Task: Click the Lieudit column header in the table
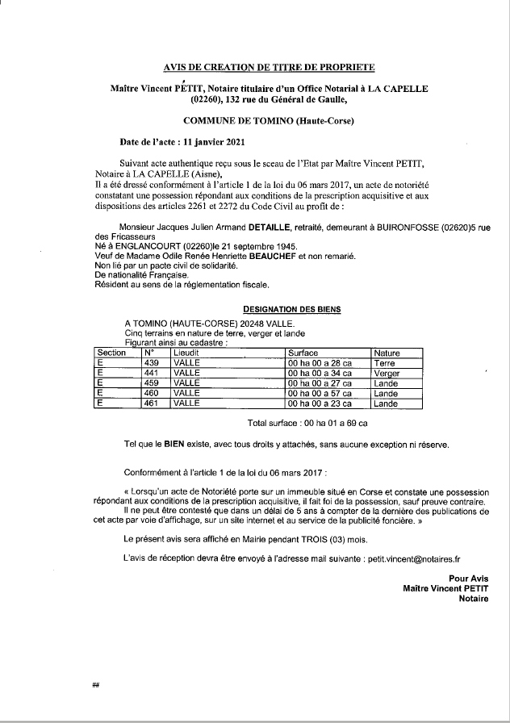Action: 187,353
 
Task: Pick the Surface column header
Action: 303,353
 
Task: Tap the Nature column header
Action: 387,353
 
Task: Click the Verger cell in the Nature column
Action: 387,374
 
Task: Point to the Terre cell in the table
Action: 385,364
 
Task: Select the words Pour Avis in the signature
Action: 469,578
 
